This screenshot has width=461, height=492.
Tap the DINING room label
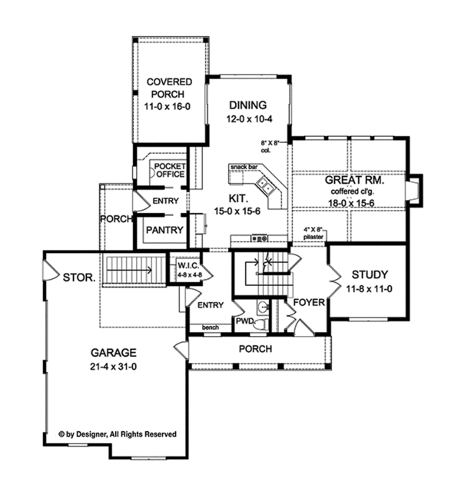pos(247,105)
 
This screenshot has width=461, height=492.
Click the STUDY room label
pos(370,274)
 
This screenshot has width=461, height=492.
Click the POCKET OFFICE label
pos(169,170)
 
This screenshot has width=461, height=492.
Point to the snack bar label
pos(244,166)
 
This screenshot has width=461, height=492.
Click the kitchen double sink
pos(264,183)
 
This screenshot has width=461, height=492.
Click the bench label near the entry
pos(210,327)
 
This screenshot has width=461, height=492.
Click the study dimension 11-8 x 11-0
pos(370,288)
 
